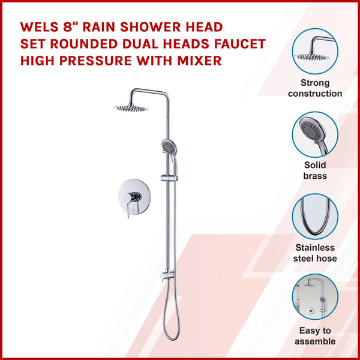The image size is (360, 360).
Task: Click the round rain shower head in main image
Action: click(x=131, y=108)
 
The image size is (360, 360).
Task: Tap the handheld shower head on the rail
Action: click(x=170, y=145)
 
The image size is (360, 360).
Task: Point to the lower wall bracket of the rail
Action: click(x=166, y=277)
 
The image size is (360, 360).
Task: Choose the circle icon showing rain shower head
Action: click(x=315, y=51)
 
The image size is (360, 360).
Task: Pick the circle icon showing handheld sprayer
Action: click(x=315, y=134)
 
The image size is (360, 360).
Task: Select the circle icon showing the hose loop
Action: click(x=315, y=217)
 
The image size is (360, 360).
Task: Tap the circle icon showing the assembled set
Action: click(x=315, y=299)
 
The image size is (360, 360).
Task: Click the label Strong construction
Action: click(x=315, y=88)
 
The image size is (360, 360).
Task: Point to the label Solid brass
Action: click(x=315, y=170)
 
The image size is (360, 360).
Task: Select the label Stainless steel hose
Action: click(x=315, y=253)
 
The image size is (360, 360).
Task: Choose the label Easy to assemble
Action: click(x=315, y=336)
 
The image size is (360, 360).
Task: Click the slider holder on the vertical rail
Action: click(x=166, y=179)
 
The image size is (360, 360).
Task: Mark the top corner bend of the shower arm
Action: click(x=164, y=92)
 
